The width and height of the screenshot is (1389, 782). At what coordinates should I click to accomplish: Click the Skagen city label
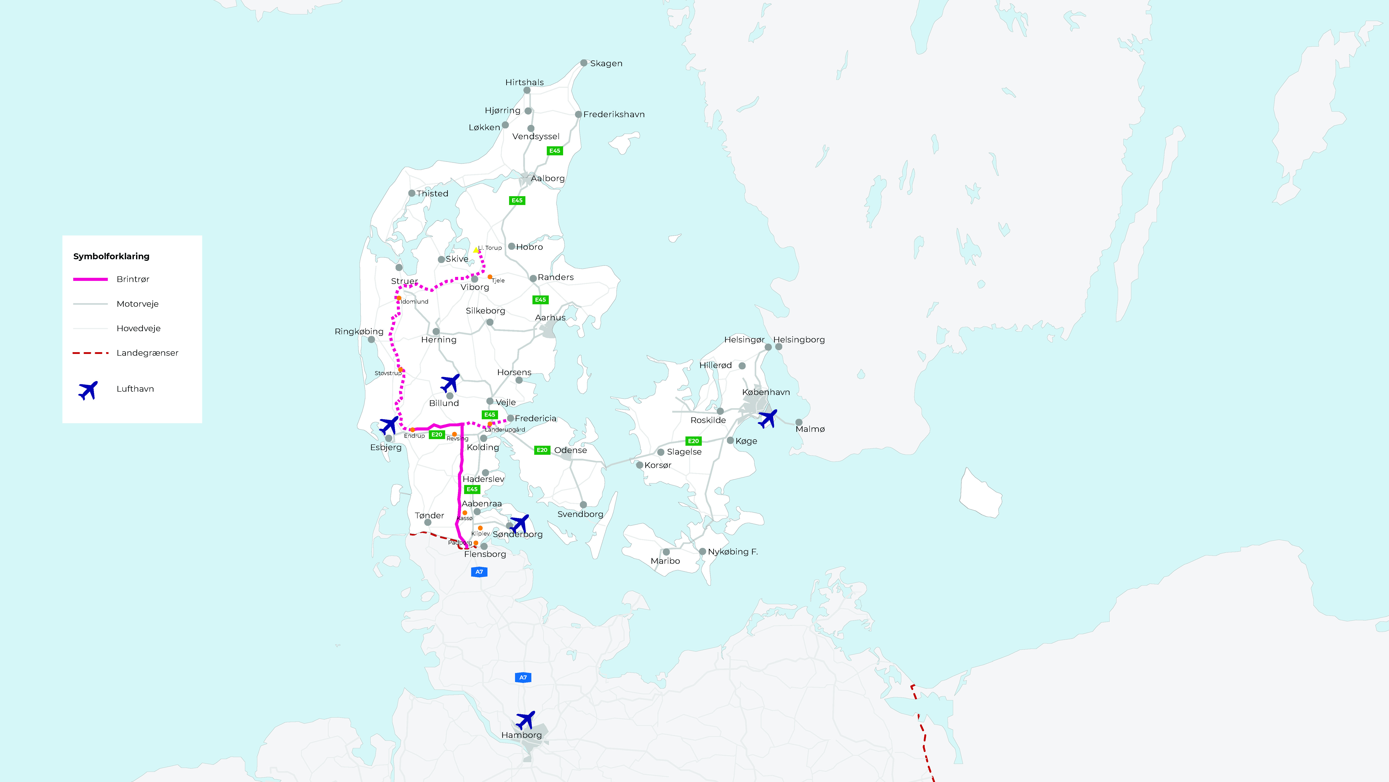point(606,64)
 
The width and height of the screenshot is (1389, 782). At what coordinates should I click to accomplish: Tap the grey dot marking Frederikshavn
point(578,115)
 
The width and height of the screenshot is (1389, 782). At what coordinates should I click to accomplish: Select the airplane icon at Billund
point(450,383)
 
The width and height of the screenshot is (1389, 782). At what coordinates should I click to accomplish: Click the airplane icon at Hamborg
point(525,720)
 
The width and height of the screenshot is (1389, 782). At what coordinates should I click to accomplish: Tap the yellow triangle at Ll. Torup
point(476,250)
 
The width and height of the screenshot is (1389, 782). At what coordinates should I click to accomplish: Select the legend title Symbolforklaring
point(111,256)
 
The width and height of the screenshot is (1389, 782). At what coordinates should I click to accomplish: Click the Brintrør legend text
point(133,279)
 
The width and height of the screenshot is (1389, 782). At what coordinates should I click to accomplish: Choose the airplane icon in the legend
point(88,390)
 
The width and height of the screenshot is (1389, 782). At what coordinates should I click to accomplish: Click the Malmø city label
point(810,429)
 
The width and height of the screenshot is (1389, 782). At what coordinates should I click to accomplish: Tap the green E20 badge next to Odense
point(542,450)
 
